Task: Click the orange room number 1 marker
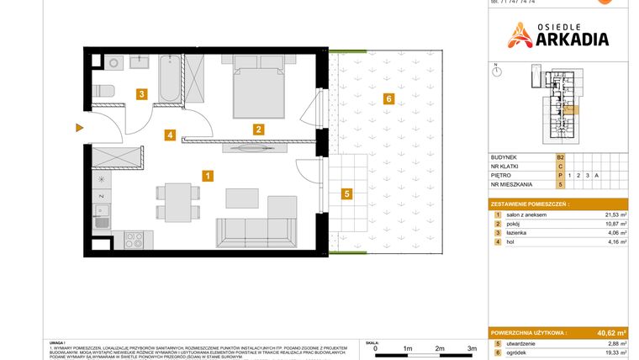[x=207, y=176]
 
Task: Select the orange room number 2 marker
[x=259, y=130]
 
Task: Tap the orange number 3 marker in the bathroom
[x=143, y=94]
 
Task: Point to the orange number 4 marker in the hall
[x=170, y=135]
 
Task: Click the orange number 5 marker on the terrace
[x=346, y=193]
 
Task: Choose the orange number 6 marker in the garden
[x=387, y=98]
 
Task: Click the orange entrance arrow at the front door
[x=79, y=128]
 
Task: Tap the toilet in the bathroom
[x=103, y=90]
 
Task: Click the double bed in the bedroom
[x=260, y=87]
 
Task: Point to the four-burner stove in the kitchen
[x=134, y=240]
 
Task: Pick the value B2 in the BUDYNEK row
[x=560, y=156]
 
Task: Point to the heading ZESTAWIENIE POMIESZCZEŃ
[x=529, y=204]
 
